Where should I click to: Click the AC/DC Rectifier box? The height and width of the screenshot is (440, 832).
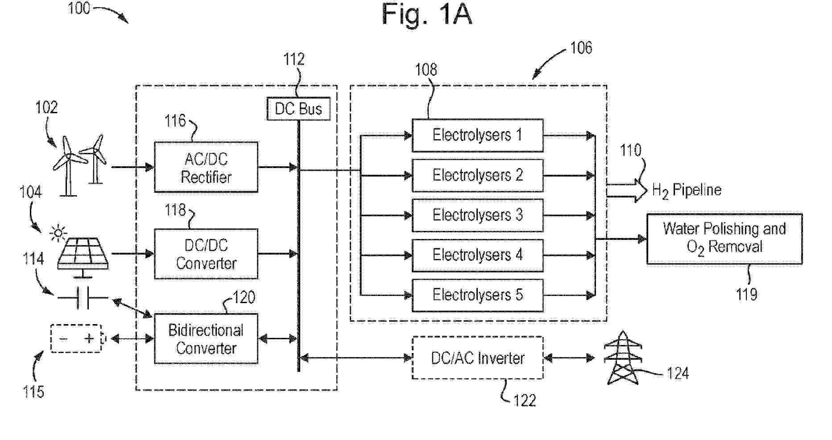click(206, 168)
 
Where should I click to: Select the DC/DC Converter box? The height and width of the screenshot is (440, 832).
click(206, 254)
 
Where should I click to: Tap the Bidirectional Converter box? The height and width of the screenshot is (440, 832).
click(206, 339)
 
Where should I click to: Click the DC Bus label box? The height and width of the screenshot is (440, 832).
click(298, 109)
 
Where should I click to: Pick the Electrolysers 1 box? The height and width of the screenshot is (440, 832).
click(477, 135)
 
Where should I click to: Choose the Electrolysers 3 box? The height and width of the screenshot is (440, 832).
click(477, 215)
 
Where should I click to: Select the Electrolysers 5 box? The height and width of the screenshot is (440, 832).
click(477, 295)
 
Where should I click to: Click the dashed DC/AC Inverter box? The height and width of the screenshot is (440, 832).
click(477, 358)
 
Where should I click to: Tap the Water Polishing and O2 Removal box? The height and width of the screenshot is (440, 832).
click(724, 239)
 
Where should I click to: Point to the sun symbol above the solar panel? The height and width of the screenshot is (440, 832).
click(58, 233)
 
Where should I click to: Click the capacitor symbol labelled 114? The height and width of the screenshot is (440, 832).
click(83, 298)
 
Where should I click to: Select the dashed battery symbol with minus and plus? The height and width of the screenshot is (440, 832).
click(77, 339)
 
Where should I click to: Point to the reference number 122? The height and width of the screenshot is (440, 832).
click(524, 400)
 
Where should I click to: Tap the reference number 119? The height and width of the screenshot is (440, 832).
click(746, 295)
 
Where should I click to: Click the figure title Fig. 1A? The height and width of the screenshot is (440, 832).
click(426, 14)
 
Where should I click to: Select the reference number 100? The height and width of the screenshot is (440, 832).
click(79, 8)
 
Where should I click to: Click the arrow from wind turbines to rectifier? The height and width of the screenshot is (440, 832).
click(132, 167)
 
